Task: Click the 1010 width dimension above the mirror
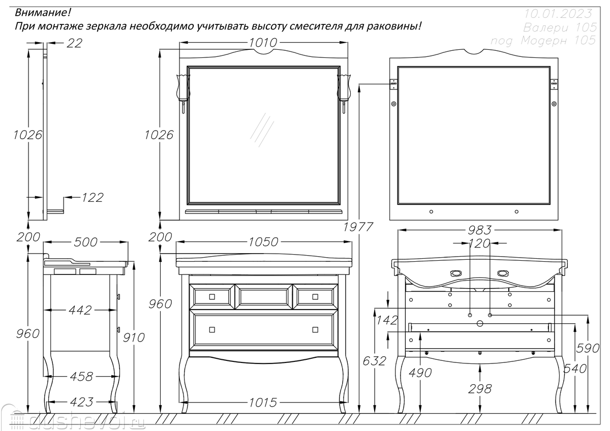(263, 44)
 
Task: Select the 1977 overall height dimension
(362, 227)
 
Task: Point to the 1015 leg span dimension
(263, 403)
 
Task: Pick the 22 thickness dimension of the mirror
(74, 44)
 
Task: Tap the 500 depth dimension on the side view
(85, 242)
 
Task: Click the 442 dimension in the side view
(80, 310)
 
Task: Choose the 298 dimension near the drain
(480, 389)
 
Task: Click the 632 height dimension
(375, 361)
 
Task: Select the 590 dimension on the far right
(588, 348)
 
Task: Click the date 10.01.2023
(558, 13)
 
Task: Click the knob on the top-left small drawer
(212, 297)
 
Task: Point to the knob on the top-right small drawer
(315, 297)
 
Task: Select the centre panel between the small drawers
(263, 297)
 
